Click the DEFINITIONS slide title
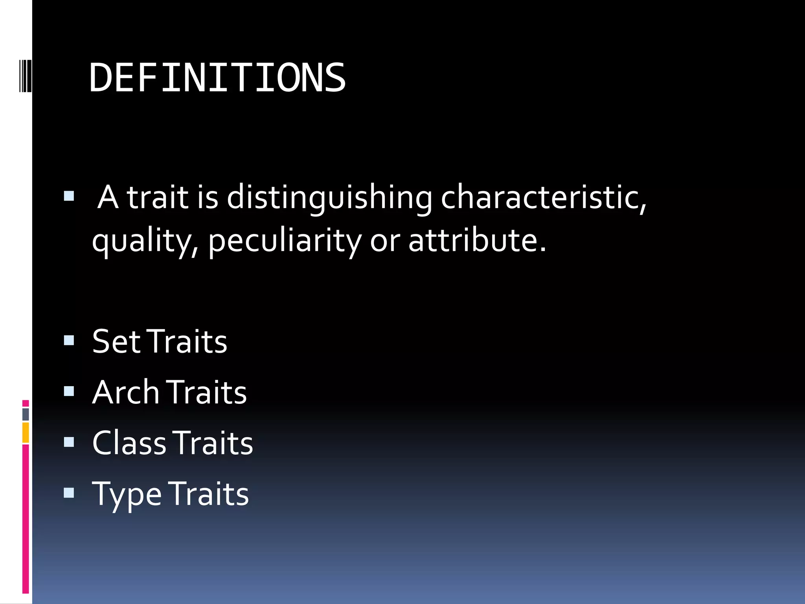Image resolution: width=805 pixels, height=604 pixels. [217, 78]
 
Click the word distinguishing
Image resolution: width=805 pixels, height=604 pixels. [329, 197]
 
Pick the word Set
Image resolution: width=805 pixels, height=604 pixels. [116, 341]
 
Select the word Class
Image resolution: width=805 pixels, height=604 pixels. [129, 443]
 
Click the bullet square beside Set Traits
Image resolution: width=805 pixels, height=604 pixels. [69, 340]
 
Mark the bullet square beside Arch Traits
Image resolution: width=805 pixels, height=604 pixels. [69, 391]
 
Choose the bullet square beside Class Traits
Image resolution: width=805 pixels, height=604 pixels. [69, 442]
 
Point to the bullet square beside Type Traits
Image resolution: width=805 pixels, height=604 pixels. [69, 493]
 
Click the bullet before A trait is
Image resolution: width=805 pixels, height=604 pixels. [69, 196]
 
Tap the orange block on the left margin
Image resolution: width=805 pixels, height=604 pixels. [26, 433]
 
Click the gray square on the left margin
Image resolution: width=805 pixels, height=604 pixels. [26, 414]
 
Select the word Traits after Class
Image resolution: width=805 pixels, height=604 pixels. [213, 443]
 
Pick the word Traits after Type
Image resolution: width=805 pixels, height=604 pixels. [209, 494]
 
